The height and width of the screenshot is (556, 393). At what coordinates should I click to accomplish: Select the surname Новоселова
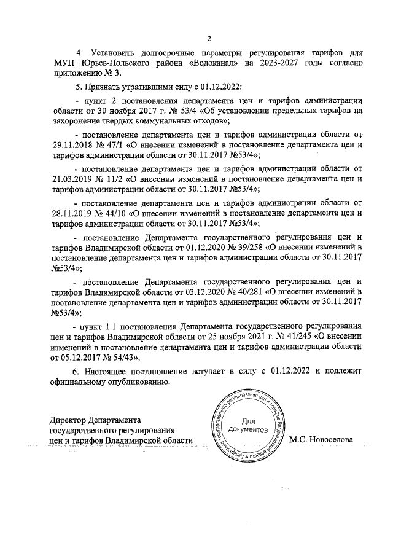point(335,440)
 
